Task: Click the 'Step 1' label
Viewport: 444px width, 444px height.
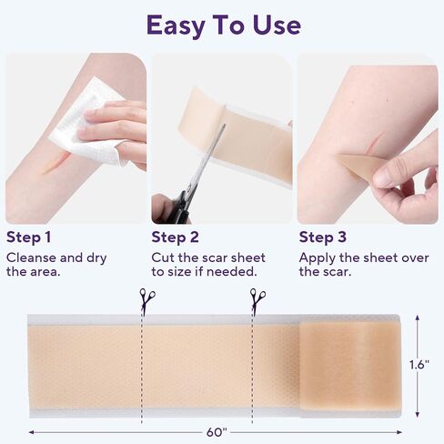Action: [29, 237]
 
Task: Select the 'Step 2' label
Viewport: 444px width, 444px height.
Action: [176, 237]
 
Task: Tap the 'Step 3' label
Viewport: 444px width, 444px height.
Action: [323, 237]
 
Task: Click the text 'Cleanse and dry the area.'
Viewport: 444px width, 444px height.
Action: [55, 265]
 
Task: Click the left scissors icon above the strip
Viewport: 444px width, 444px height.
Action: [146, 301]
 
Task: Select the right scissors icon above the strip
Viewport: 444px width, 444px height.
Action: [257, 301]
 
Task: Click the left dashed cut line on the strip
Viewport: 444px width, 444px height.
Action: [142, 364]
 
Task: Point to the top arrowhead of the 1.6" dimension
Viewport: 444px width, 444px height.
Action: [418, 318]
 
